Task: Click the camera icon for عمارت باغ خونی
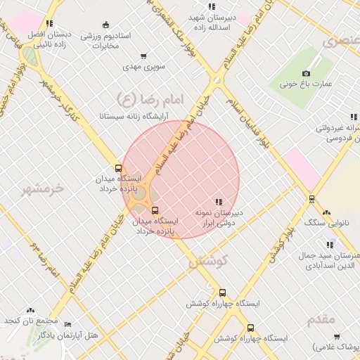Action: pyautogui.click(x=306, y=74)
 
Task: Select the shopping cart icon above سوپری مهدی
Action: pyautogui.click(x=143, y=56)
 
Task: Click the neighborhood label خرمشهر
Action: pyautogui.click(x=42, y=188)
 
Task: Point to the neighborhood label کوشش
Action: pyautogui.click(x=209, y=261)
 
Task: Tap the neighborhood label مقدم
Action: pyautogui.click(x=321, y=320)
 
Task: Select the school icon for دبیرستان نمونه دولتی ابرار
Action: pyautogui.click(x=219, y=202)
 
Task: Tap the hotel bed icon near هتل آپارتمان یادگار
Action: pyautogui.click(x=67, y=325)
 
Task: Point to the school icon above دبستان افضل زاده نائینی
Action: pyautogui.click(x=49, y=23)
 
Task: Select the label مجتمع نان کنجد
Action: pyautogui.click(x=29, y=321)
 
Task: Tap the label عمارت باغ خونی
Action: pyautogui.click(x=309, y=84)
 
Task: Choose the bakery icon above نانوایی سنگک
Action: pyautogui.click(x=326, y=212)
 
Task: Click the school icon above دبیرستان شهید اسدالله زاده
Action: pyautogui.click(x=212, y=6)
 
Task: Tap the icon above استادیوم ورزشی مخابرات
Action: pyautogui.click(x=106, y=25)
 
